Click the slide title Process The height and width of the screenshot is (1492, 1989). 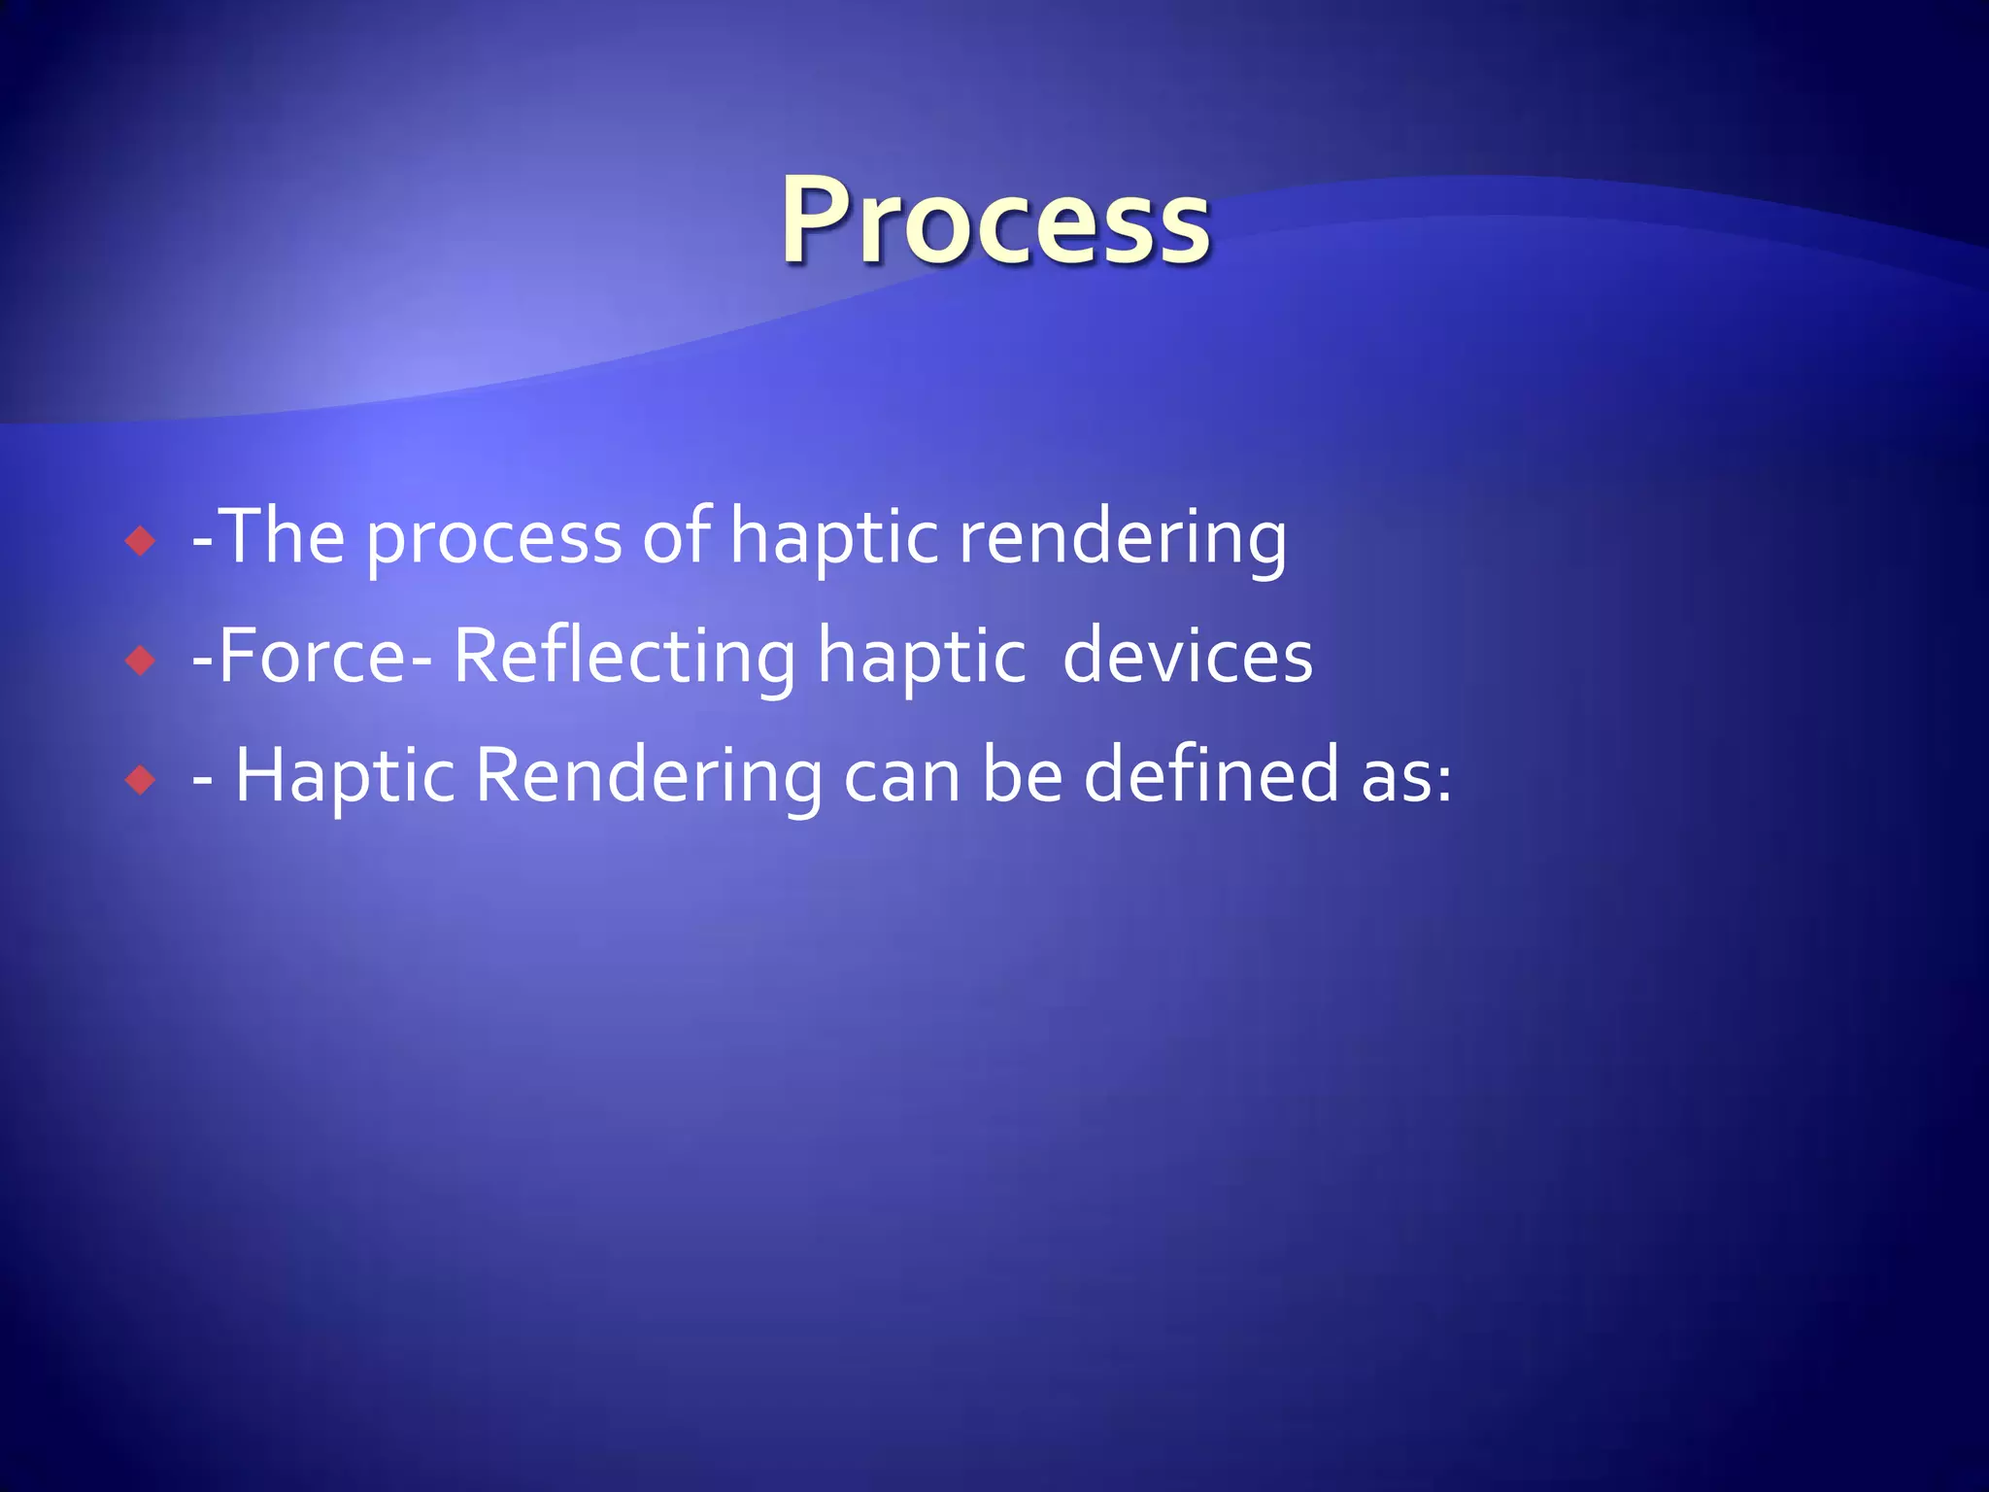point(995,221)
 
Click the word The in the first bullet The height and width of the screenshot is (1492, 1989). point(283,536)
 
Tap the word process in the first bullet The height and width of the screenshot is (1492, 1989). point(493,540)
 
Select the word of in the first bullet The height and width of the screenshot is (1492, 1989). point(675,536)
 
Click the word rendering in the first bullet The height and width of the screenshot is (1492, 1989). point(1123,540)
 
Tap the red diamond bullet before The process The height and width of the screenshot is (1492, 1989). point(141,541)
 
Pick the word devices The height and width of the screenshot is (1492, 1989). point(1187,657)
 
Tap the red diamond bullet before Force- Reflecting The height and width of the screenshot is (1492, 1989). point(141,661)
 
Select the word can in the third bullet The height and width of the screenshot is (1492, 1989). point(901,779)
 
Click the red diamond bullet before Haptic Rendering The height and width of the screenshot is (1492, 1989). point(141,780)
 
